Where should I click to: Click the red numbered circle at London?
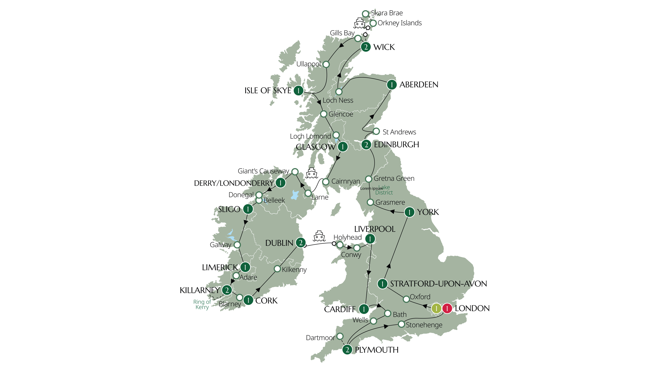coord(447,308)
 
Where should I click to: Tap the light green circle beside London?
coord(436,308)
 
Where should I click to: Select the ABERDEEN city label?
coord(419,85)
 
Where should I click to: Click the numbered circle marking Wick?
coord(366,47)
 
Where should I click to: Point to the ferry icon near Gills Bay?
coord(359,23)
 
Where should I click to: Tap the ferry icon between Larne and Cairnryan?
coord(312,173)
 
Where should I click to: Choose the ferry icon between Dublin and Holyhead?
coord(319,236)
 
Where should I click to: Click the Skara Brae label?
coord(387,13)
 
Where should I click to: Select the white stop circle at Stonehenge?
coord(401,324)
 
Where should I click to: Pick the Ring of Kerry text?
coord(202,304)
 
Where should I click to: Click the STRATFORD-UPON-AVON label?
coord(439,284)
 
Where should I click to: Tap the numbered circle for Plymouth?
coord(347,350)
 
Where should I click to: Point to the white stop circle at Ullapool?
coord(326,64)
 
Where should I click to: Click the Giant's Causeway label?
coord(263,171)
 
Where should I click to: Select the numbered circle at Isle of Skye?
coord(298,90)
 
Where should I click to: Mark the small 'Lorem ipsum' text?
coord(371,189)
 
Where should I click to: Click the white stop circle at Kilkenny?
coord(277,269)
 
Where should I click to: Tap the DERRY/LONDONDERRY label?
coord(234,183)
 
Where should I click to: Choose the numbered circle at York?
coord(409,212)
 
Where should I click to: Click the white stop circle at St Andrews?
coord(376,131)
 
